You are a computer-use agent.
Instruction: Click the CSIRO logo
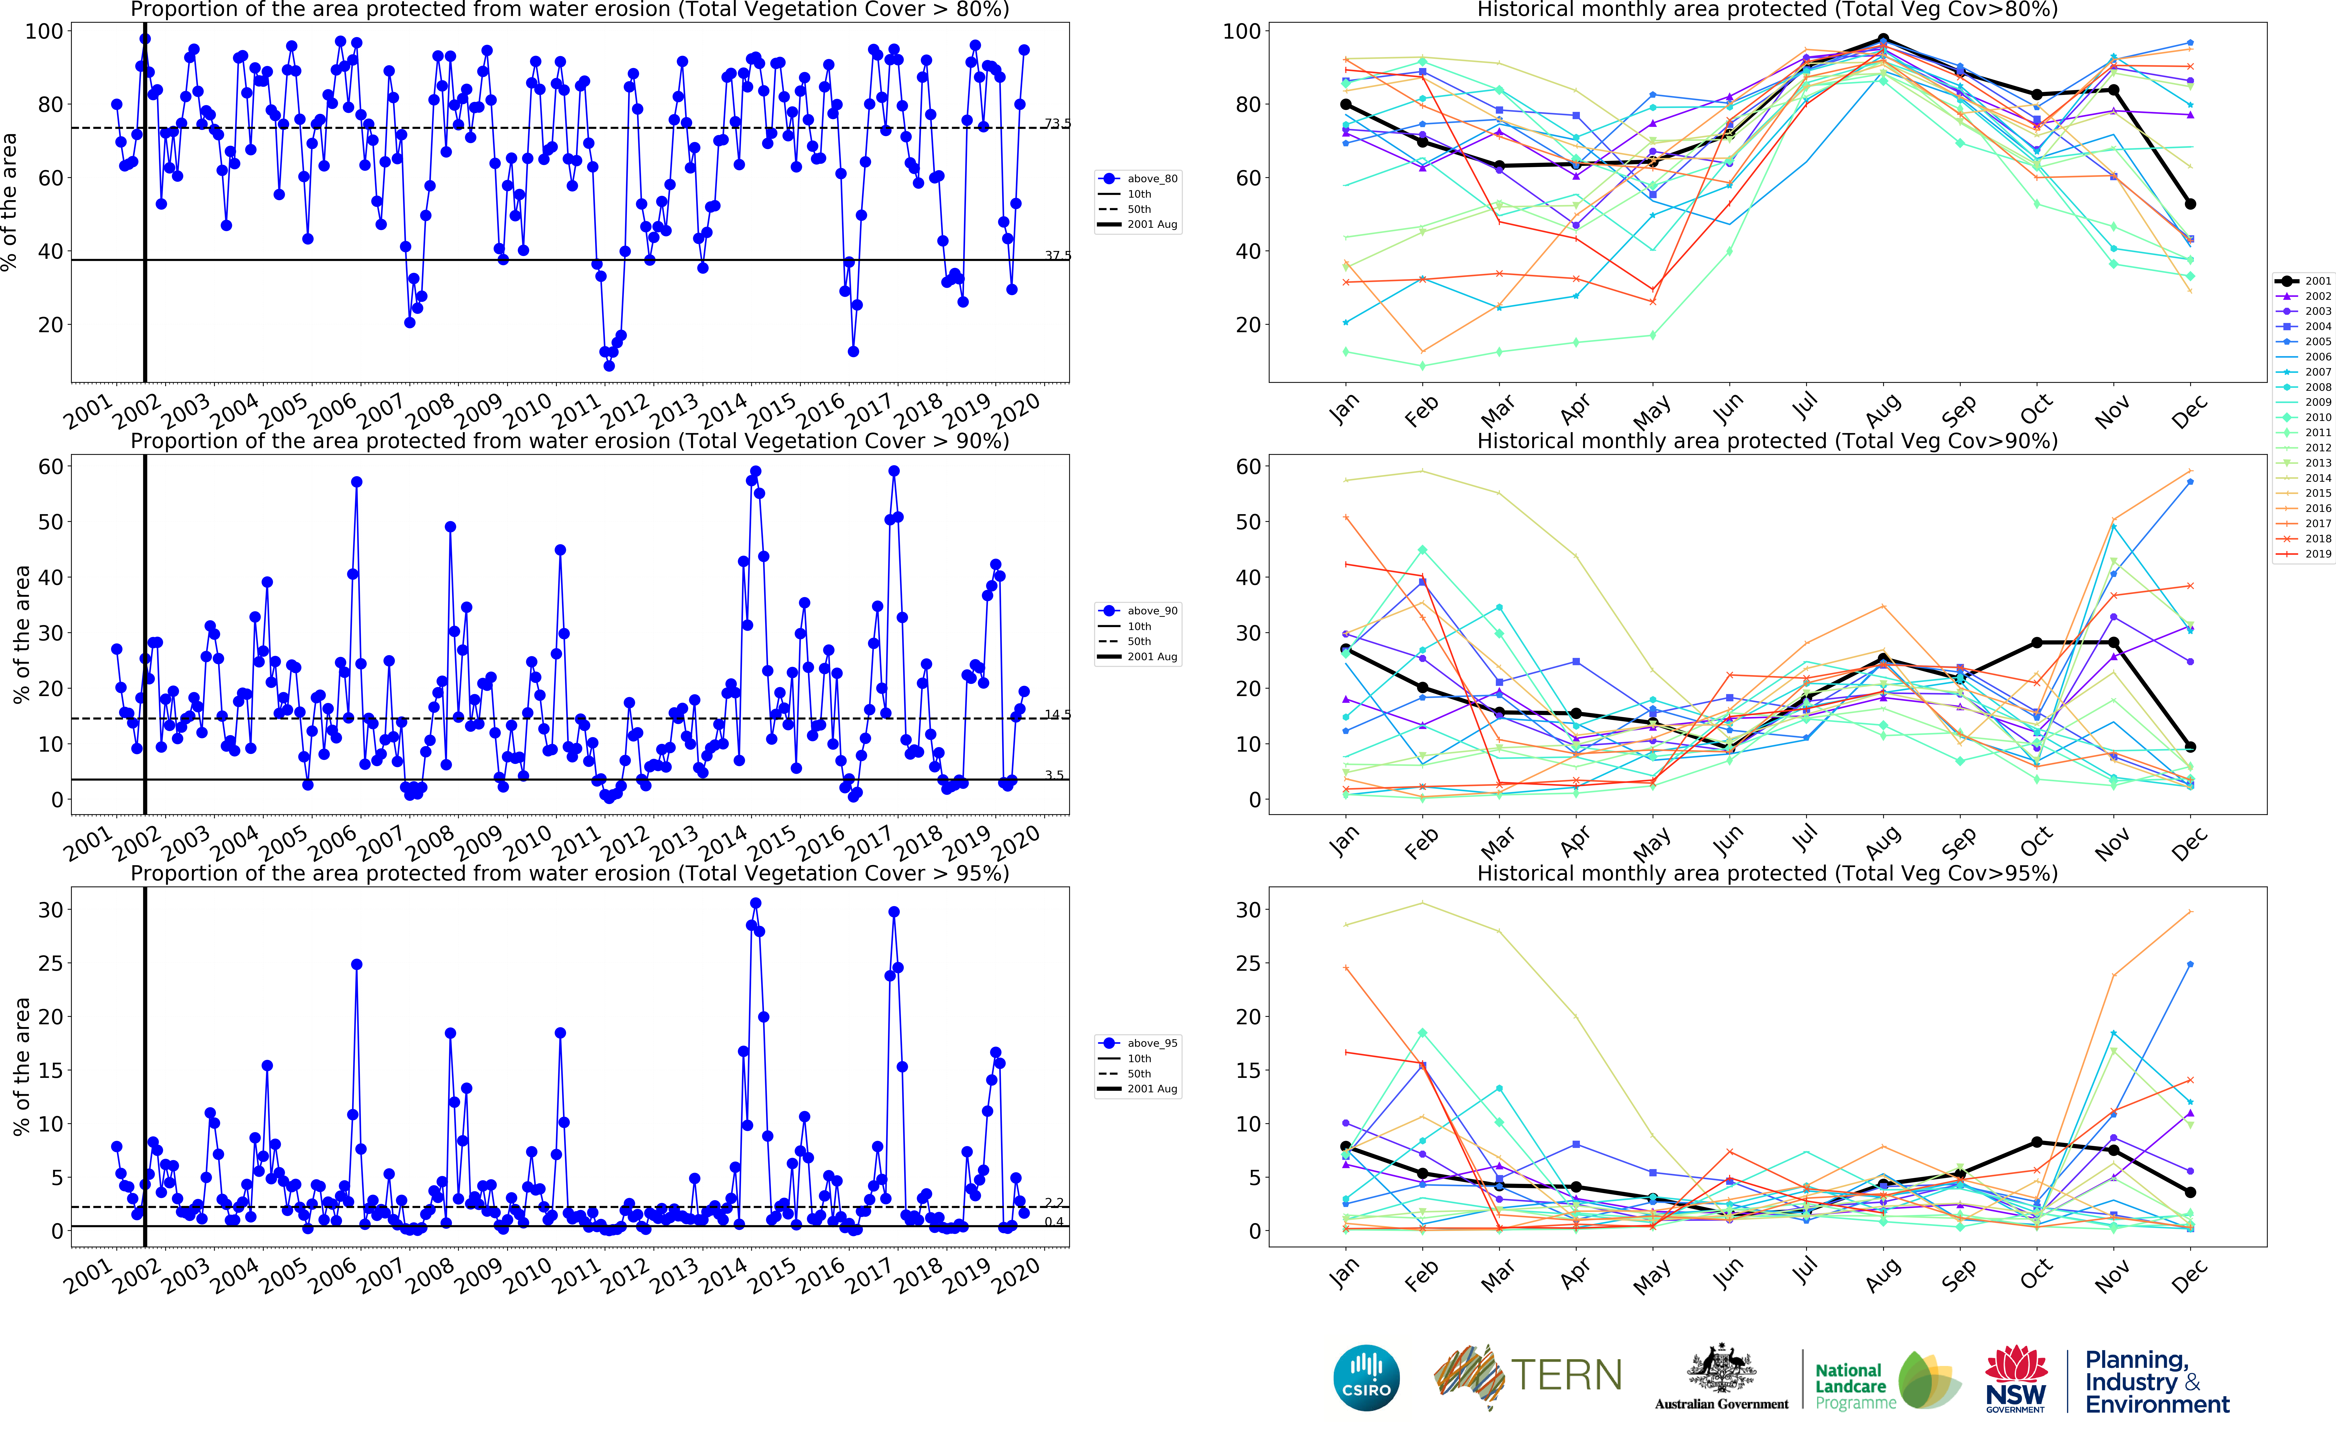coord(1367,1377)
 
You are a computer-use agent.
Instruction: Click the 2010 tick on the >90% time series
coord(528,842)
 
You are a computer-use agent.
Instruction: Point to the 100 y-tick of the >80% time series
coord(44,31)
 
